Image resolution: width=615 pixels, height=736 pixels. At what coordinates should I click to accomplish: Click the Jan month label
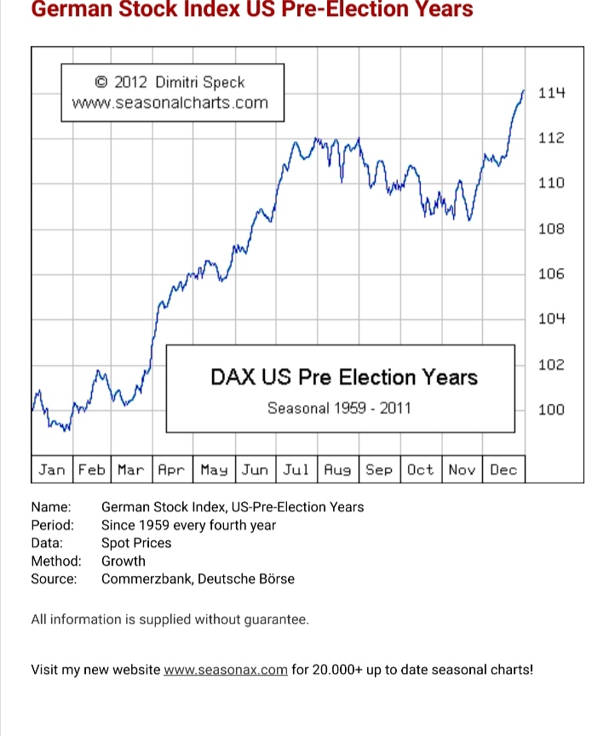click(x=52, y=470)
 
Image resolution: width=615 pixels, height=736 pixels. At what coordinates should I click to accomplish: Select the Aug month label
click(x=338, y=470)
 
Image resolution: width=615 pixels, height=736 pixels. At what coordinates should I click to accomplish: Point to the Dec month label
click(x=503, y=470)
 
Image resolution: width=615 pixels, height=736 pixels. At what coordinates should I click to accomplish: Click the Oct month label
click(x=420, y=470)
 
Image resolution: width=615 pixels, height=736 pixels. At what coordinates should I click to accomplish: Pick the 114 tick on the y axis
click(x=552, y=93)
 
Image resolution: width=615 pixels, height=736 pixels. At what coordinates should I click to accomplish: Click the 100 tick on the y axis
click(x=552, y=410)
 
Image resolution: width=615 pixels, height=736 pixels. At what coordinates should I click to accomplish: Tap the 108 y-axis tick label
click(x=552, y=229)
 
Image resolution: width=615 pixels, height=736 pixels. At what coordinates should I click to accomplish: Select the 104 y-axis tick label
click(x=552, y=319)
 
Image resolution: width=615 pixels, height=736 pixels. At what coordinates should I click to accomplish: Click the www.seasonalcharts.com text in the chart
click(x=170, y=103)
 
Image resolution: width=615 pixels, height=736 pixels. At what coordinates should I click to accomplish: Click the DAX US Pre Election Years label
click(x=343, y=377)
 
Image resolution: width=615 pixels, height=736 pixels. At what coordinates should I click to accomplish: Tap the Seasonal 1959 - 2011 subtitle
click(x=339, y=408)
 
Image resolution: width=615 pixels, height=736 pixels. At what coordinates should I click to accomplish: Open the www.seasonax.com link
click(x=226, y=669)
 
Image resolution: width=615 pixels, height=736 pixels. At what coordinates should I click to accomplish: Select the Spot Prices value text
click(x=136, y=543)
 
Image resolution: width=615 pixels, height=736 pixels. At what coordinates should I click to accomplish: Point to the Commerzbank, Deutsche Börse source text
click(x=198, y=579)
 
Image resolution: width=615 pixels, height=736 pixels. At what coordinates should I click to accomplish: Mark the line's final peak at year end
click(x=523, y=90)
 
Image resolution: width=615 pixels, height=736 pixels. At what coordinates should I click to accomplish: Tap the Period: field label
click(x=53, y=525)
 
